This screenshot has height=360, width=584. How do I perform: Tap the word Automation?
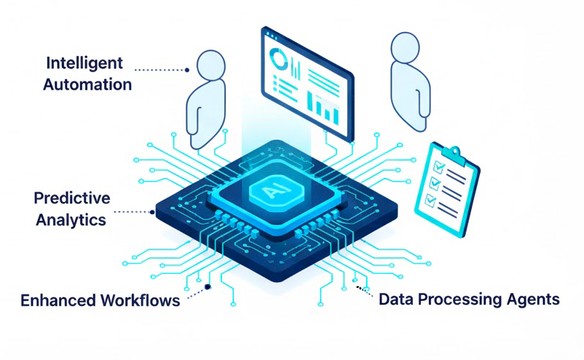(x=87, y=84)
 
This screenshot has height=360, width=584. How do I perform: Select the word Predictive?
(x=72, y=197)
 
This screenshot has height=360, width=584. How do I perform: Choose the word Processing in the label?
(x=460, y=299)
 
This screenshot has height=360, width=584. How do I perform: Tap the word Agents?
(x=534, y=299)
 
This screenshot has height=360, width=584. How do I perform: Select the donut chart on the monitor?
(x=278, y=58)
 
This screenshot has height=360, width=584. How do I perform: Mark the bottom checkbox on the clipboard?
(x=430, y=197)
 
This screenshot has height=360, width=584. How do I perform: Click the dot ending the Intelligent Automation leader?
(x=187, y=70)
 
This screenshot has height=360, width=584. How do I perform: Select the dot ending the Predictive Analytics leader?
(x=151, y=212)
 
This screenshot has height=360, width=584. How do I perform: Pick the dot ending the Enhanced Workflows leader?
(x=208, y=287)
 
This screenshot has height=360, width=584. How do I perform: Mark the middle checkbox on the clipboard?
(x=434, y=182)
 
